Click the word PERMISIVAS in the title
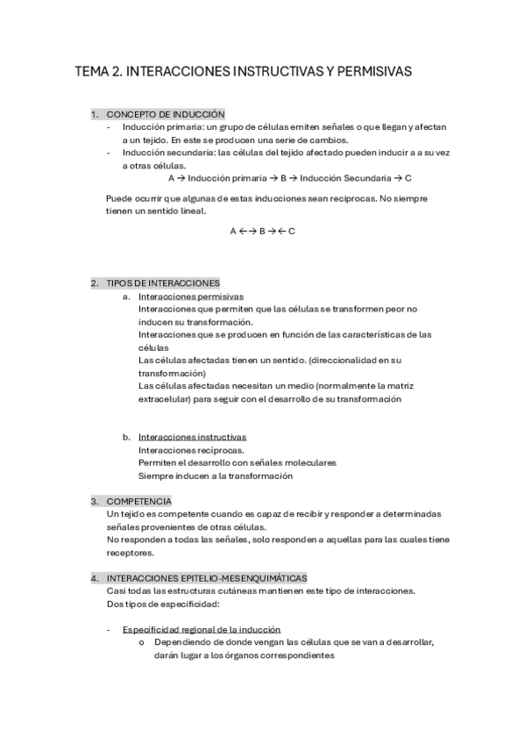click(x=367, y=71)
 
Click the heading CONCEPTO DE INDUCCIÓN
click(x=166, y=114)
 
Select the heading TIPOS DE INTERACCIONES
click(x=163, y=283)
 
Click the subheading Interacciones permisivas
click(x=191, y=297)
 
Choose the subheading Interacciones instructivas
click(x=192, y=437)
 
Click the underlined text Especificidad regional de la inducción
click(x=202, y=629)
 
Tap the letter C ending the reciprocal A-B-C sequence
click(x=292, y=231)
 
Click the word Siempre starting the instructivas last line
click(x=156, y=476)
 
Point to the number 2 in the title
click(x=117, y=71)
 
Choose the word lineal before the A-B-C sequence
click(x=191, y=211)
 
